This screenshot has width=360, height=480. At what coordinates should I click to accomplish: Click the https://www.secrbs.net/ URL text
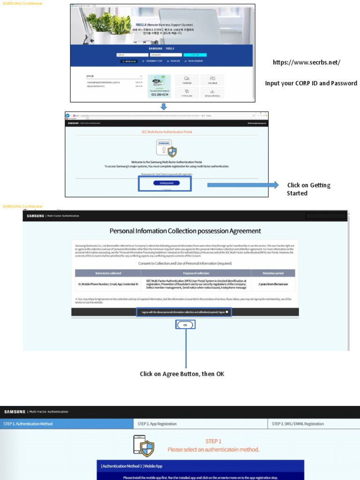tap(307, 62)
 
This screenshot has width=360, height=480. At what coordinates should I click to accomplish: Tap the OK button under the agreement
tap(185, 324)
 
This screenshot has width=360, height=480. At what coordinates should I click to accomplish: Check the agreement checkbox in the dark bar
tap(227, 312)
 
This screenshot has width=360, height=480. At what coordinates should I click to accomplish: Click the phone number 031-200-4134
tap(160, 95)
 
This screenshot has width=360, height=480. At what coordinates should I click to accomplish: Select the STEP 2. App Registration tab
tap(157, 424)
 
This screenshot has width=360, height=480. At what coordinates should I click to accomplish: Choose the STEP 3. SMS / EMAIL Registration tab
tap(298, 424)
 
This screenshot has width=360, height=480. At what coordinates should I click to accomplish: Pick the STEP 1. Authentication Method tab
tap(28, 424)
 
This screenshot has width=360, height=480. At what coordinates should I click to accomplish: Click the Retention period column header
tap(273, 273)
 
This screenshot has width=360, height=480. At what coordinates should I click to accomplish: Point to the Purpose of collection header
tap(196, 273)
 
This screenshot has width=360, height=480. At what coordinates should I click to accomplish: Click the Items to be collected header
tap(108, 273)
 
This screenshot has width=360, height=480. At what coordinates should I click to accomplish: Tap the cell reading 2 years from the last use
tap(273, 284)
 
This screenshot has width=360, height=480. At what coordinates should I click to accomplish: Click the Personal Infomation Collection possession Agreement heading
tap(185, 231)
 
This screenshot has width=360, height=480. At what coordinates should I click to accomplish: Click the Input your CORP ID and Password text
tap(311, 83)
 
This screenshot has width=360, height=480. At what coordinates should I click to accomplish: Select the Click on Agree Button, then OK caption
tap(182, 374)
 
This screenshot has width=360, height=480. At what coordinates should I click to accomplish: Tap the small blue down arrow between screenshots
tap(164, 107)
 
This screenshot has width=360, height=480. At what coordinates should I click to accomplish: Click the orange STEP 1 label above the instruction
tap(213, 441)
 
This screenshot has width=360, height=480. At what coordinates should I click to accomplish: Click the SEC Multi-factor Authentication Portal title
tap(166, 132)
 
